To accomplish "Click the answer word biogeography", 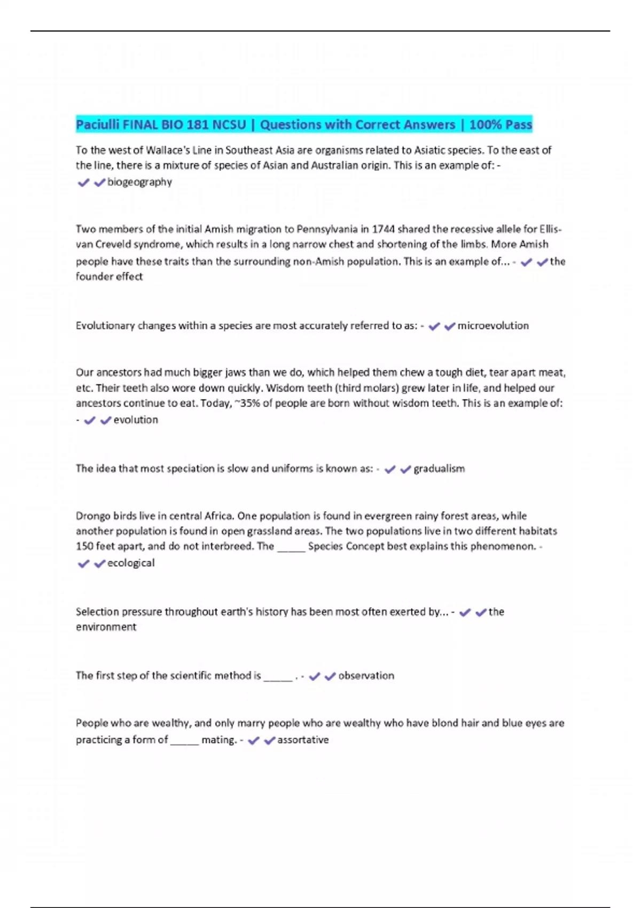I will coord(139,182).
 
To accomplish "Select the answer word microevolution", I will coord(493,326).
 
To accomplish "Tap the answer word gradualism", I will coord(439,469).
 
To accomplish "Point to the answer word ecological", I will coord(131,563).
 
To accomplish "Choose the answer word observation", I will coord(366,676).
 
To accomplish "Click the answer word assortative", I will coord(303,740).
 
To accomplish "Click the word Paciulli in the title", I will coord(98,125).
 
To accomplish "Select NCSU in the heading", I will coord(229,125).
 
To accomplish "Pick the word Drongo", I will coord(92,516).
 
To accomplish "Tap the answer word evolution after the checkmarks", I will coord(136,420).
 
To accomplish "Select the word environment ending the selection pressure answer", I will coord(106,627).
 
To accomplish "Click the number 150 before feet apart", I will coord(84,546).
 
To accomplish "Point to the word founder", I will coord(92,277).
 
